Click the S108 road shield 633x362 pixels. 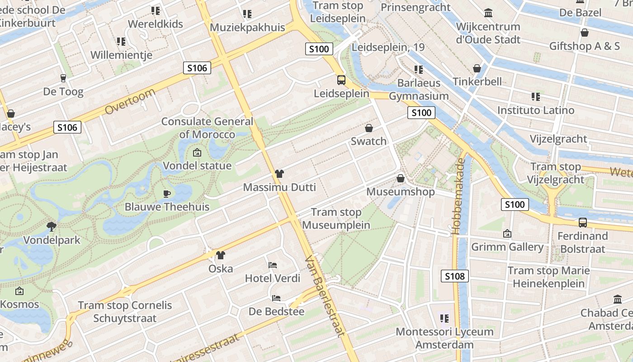point(455,276)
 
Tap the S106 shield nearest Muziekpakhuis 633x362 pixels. point(197,68)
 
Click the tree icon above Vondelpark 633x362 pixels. point(52,226)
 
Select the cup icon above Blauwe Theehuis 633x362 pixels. point(167,194)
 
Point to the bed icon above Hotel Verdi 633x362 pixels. point(273,265)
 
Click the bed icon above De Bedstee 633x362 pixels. point(276,298)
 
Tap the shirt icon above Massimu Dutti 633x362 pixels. point(279,174)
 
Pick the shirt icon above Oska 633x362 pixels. point(220,255)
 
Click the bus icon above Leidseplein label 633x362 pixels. point(341,80)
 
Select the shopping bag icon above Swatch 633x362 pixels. point(369,128)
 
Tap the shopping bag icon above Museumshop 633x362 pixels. point(400,178)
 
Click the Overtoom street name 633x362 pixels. point(130,102)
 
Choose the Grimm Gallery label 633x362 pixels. point(507,247)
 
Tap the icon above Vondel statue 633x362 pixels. point(197,152)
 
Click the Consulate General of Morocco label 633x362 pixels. point(207,128)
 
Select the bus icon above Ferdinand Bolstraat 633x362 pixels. point(582,223)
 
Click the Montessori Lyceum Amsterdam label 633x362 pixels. point(444,338)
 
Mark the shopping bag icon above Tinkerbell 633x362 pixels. point(477,68)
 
